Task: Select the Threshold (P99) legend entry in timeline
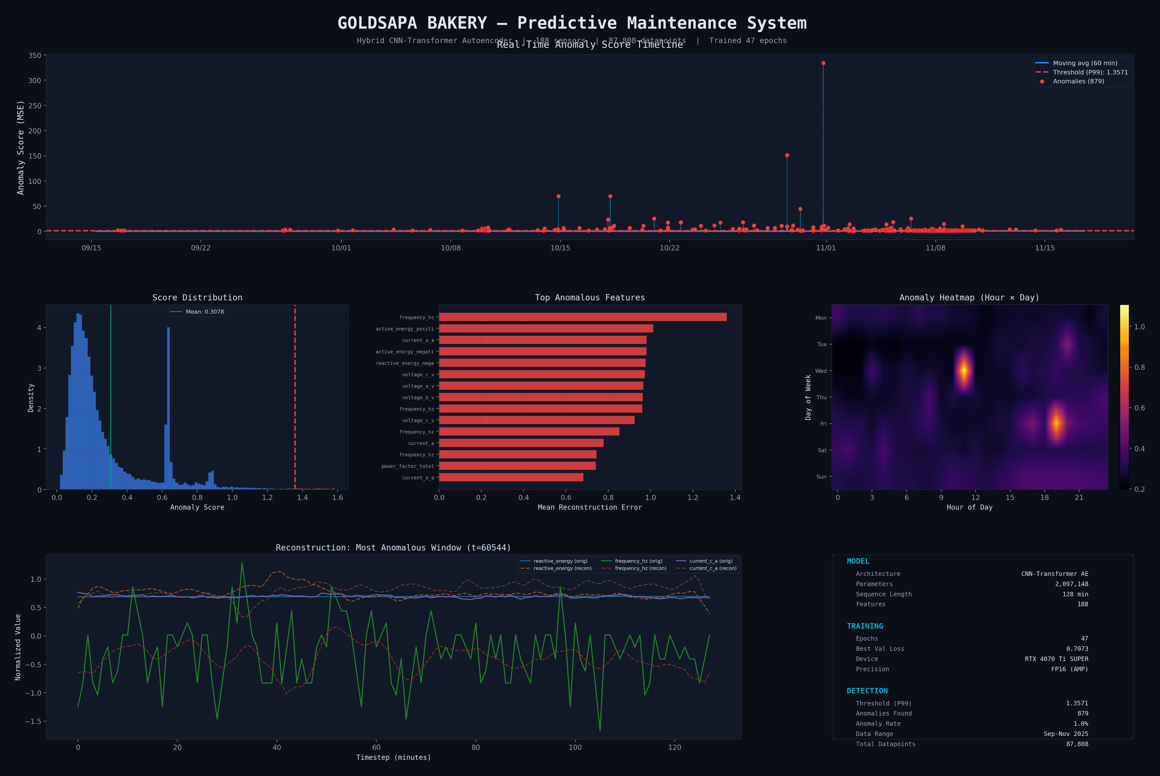(x=1090, y=72)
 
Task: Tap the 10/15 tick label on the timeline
(x=560, y=248)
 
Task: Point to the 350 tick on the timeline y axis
(x=35, y=56)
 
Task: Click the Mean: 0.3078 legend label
(x=205, y=312)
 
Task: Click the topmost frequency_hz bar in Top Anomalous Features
(x=582, y=317)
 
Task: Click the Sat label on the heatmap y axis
(x=822, y=451)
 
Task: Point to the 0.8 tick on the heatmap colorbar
(x=1140, y=367)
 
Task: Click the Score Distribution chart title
(x=197, y=297)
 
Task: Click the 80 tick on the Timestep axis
(x=475, y=747)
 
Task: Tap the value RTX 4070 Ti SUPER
(x=1056, y=659)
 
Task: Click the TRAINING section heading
(x=865, y=626)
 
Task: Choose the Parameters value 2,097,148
(x=1071, y=584)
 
